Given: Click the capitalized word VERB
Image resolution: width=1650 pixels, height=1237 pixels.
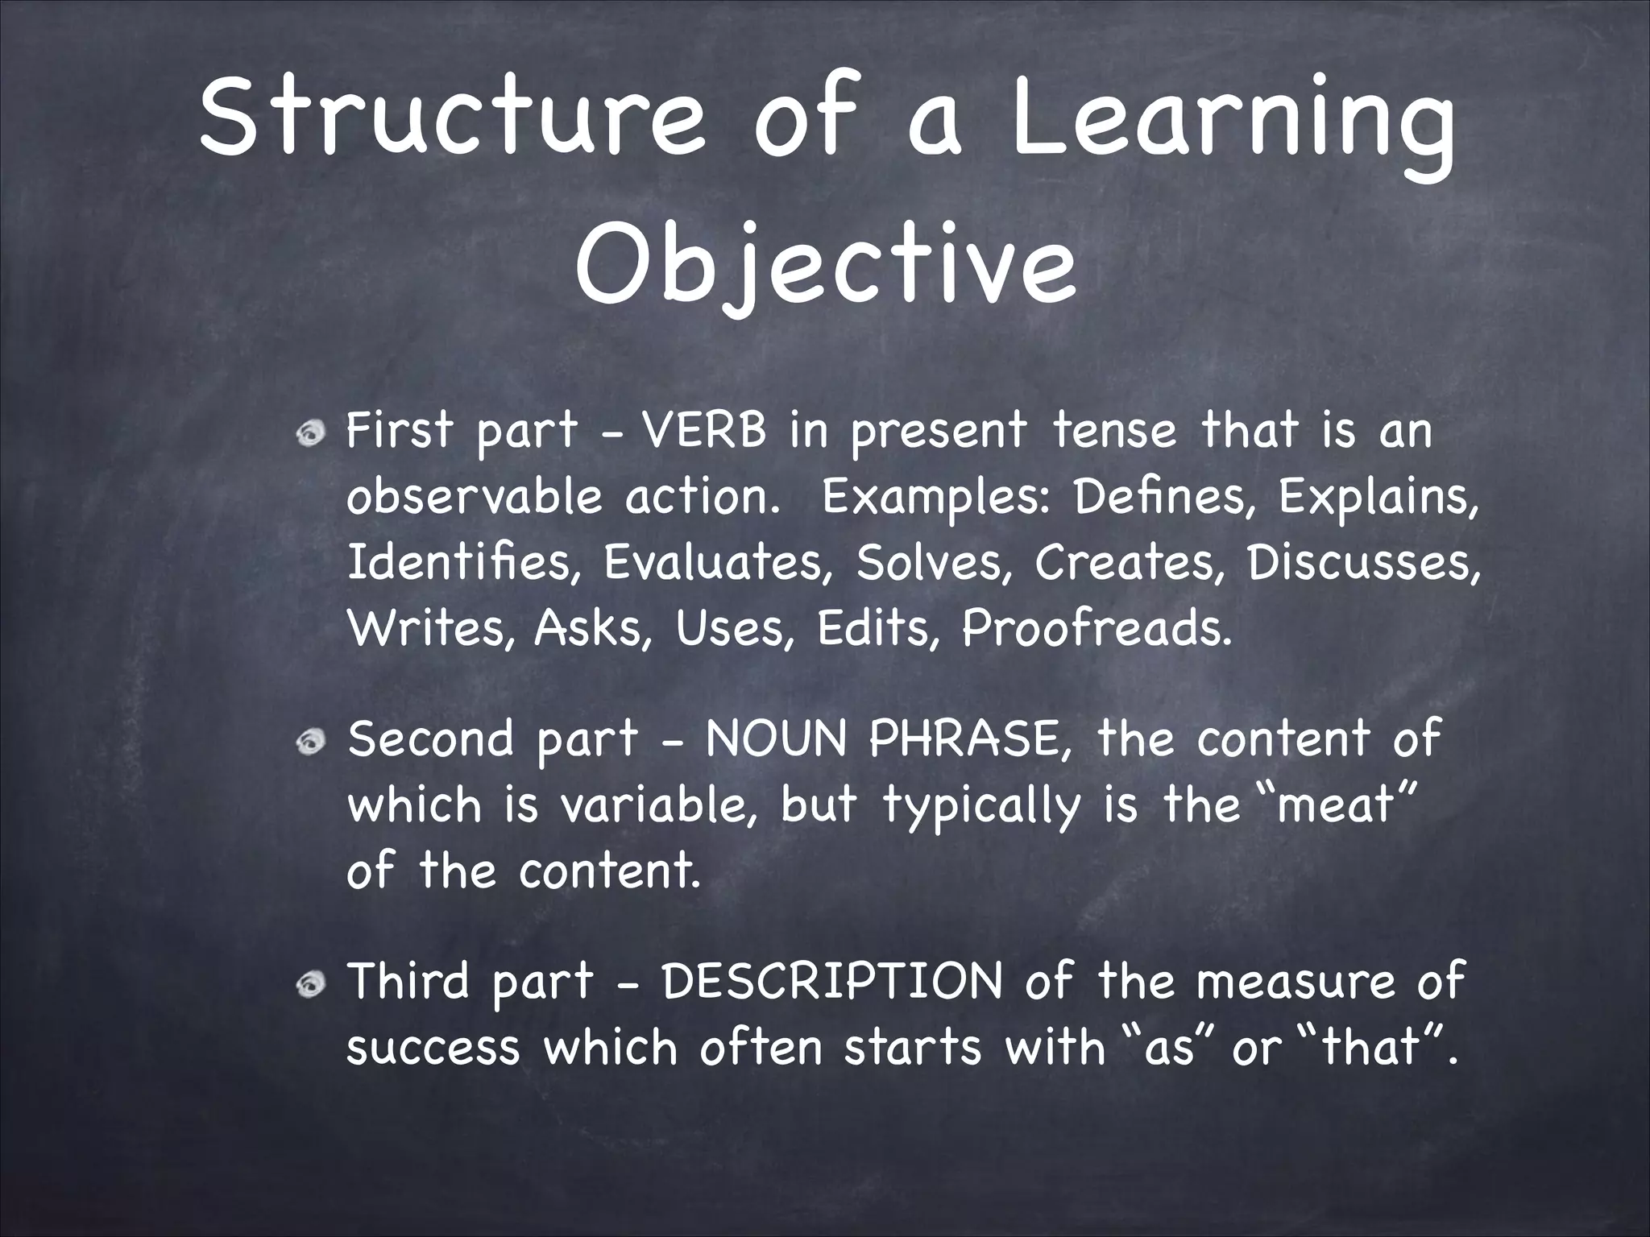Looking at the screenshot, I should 704,431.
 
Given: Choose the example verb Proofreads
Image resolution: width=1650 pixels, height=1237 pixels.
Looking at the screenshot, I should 1096,628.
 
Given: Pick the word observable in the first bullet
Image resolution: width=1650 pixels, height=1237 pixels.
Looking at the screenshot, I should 475,498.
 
